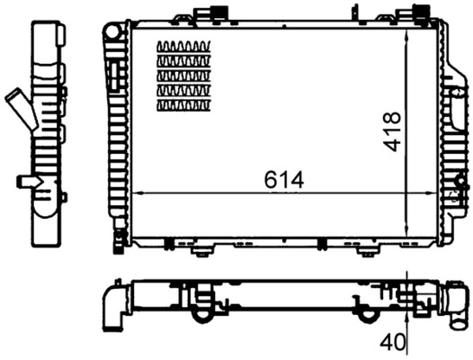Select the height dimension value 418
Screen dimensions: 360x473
391,131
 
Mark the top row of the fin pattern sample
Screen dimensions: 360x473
183,47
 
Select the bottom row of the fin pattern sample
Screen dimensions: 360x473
183,105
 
